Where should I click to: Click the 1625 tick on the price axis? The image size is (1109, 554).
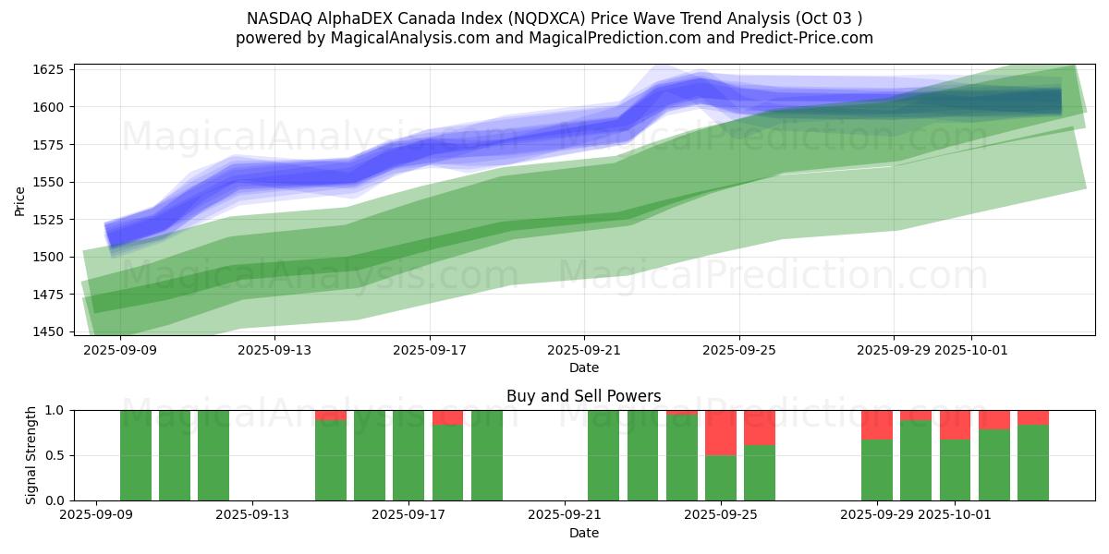[x=49, y=70]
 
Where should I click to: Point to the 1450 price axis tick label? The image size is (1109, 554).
[x=49, y=331]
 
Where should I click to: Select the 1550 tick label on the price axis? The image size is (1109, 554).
[x=49, y=182]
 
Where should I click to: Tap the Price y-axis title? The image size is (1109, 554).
[x=19, y=200]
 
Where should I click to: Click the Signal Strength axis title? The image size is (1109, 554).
[x=31, y=455]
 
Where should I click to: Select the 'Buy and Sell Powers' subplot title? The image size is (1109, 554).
[x=583, y=396]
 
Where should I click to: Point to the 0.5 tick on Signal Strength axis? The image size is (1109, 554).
[x=55, y=455]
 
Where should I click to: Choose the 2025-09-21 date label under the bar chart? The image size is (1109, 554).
[x=565, y=515]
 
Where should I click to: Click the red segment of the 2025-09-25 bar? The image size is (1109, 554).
[x=721, y=432]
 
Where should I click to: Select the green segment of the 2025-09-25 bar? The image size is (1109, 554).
[x=721, y=477]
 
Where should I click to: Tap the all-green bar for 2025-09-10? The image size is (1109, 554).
[x=175, y=455]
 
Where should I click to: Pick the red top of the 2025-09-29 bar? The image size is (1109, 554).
[x=877, y=425]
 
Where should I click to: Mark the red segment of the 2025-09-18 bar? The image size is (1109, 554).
[x=447, y=417]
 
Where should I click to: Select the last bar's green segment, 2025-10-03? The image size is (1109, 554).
[x=1033, y=463]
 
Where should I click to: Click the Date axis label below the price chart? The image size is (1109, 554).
[x=583, y=367]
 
